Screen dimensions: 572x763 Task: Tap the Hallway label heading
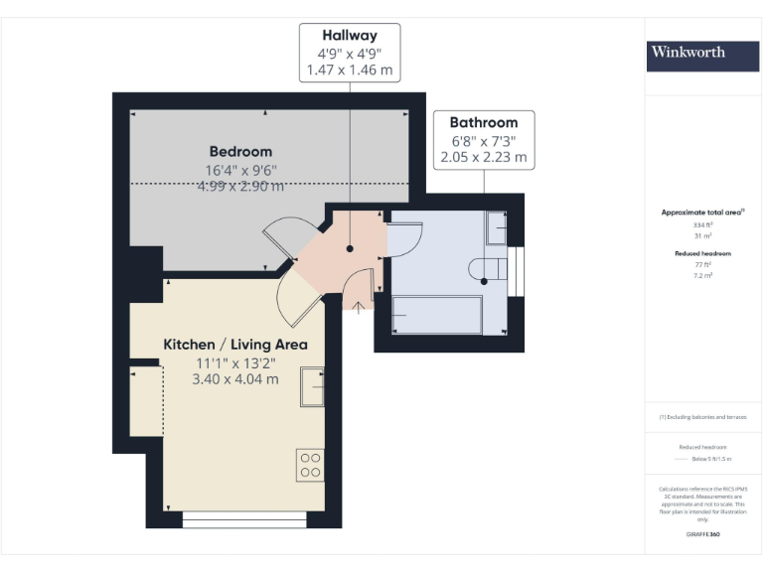[x=350, y=36]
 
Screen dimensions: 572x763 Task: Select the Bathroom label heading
[x=484, y=122]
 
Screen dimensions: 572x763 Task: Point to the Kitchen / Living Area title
[x=235, y=345]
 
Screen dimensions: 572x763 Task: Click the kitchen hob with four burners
[x=310, y=465]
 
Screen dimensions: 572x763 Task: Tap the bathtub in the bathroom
[x=437, y=315]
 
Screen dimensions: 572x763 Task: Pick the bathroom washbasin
[x=496, y=227]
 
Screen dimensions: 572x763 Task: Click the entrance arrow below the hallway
[x=357, y=307]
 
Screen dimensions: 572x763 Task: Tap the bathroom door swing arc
[x=405, y=241]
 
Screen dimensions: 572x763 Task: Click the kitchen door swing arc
[x=296, y=298]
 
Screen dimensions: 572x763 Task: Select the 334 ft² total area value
[x=702, y=225]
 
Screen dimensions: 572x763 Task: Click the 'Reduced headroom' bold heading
[x=702, y=253]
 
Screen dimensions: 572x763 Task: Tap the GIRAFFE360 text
[x=702, y=535]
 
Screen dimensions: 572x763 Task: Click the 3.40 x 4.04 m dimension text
[x=235, y=379]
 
